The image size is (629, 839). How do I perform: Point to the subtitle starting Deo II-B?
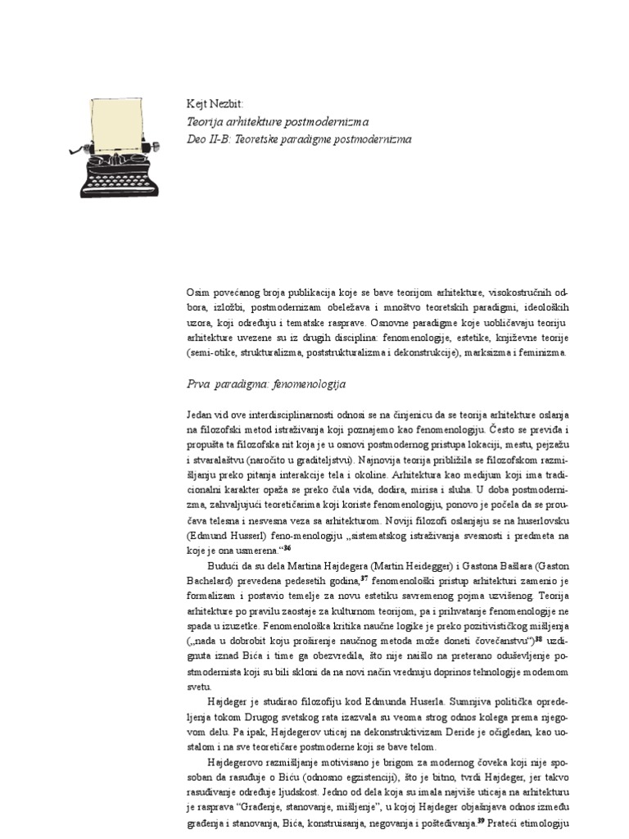click(x=299, y=139)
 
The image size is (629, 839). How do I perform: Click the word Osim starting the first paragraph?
click(x=198, y=293)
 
